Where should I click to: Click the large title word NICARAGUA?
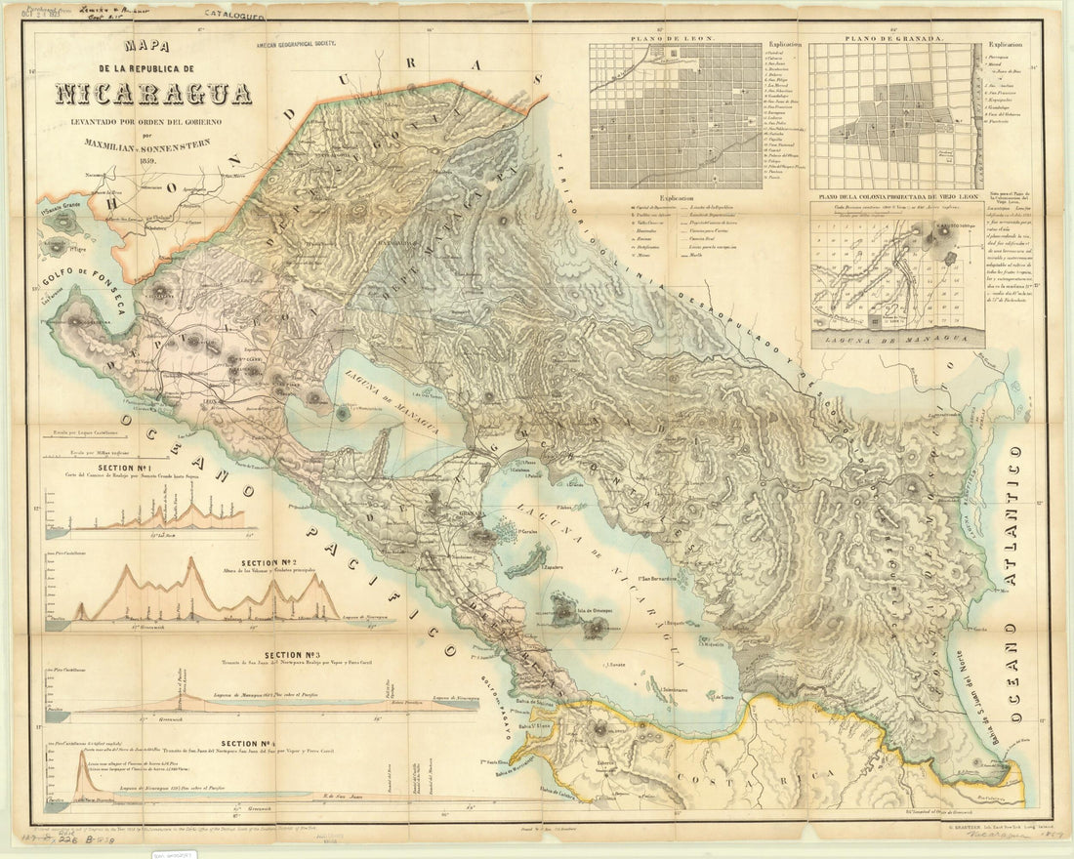click(153, 94)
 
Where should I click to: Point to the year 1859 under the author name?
click(147, 162)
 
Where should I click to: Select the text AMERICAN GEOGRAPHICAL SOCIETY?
click(302, 46)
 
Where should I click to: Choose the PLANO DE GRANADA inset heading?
click(894, 38)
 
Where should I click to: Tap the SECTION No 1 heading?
click(147, 468)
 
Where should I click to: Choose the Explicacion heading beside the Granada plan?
click(1005, 44)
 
